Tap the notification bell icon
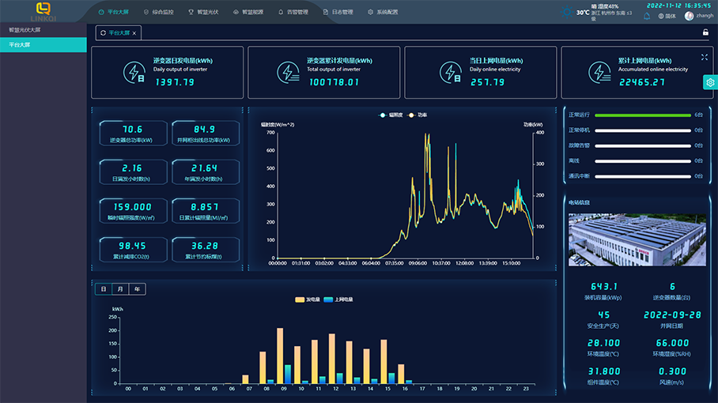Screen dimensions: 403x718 [x=647, y=16]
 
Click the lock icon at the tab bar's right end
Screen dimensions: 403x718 [x=705, y=32]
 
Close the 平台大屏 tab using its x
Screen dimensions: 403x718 [x=134, y=33]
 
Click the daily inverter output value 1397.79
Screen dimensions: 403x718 [x=174, y=81]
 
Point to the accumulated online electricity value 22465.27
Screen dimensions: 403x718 [x=641, y=81]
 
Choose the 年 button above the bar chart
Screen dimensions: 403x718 [x=138, y=289]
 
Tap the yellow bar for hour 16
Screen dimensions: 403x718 [x=401, y=374]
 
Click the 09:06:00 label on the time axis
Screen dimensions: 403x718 [x=417, y=263]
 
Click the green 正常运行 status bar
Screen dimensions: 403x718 [x=642, y=115]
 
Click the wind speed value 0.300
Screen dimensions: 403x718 [x=672, y=371]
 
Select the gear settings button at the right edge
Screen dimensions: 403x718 [x=710, y=82]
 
